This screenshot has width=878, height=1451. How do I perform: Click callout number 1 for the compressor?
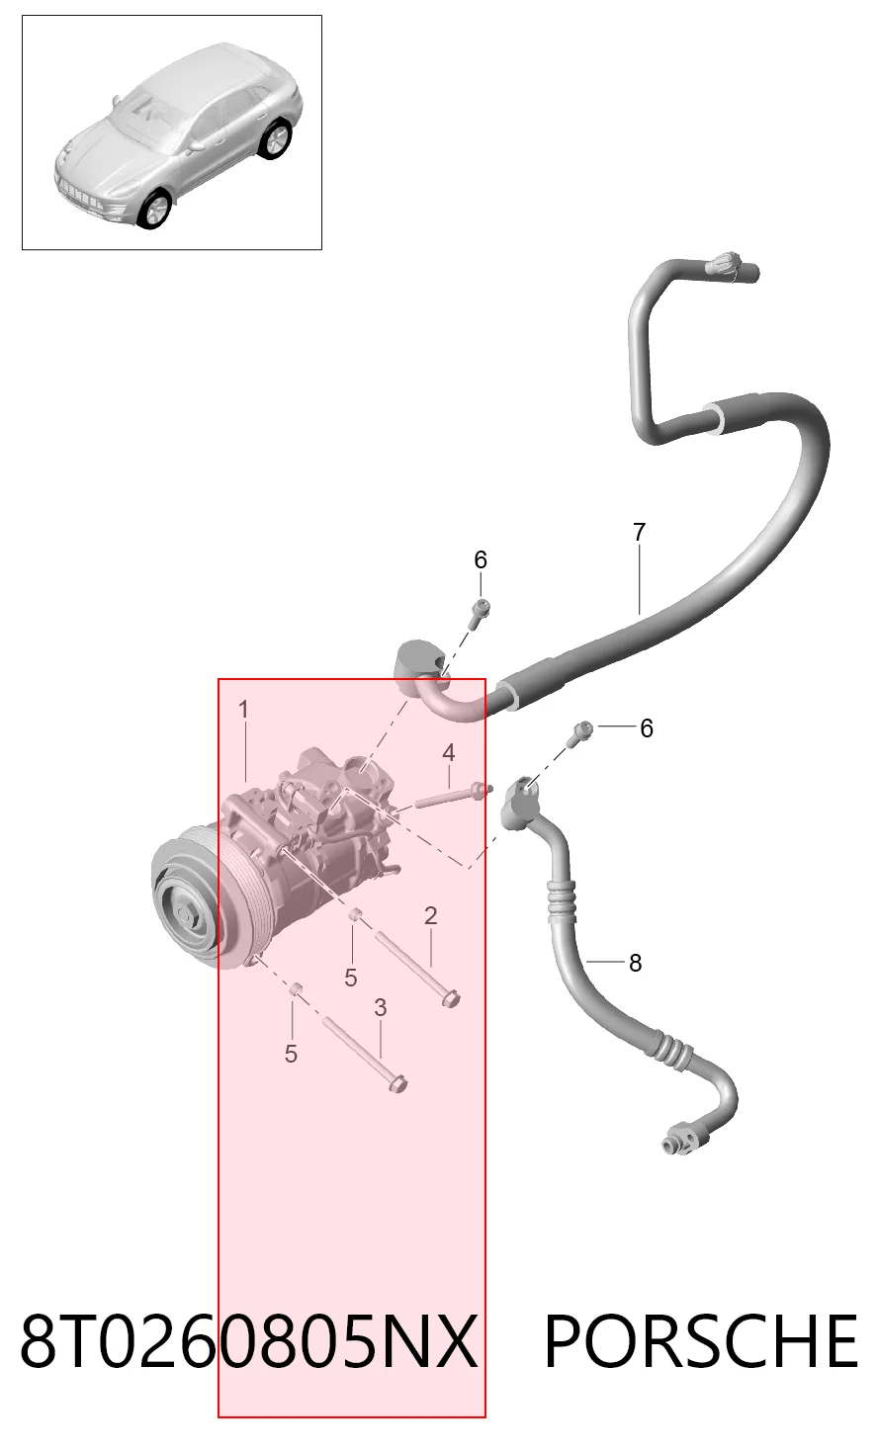pos(243,710)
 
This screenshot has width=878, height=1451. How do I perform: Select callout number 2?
pos(431,915)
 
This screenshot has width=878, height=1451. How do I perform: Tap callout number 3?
pos(381,1007)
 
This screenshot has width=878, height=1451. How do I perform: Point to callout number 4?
pos(449,753)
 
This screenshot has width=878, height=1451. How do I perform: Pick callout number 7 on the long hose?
pos(639,532)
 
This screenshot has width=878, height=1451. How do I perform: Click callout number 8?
pos(635,963)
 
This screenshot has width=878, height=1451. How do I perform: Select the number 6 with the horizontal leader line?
pos(646,728)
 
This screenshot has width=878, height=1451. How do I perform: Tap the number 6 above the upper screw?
pos(481,559)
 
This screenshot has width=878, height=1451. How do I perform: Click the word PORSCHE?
pos(702,1340)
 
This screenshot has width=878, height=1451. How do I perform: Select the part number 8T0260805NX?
pos(249,1340)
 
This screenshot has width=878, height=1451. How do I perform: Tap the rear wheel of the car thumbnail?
pos(276,138)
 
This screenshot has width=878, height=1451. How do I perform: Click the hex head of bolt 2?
pos(451,999)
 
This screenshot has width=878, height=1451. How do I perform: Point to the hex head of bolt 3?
pos(397,1083)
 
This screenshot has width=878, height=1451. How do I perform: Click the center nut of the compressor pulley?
pos(185,915)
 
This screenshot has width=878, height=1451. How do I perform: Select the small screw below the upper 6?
pos(480,612)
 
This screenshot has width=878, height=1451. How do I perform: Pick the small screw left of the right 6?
pos(581,732)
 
